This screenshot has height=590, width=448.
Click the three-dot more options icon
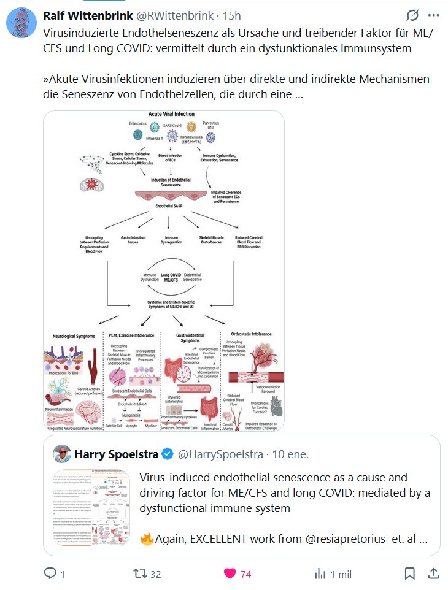433,15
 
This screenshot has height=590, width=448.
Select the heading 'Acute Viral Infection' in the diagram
171,114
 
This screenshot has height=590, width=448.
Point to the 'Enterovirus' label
138,123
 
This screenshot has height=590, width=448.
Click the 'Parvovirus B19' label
212,126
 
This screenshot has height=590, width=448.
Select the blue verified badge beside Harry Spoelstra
167,454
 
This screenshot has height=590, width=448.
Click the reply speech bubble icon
50,573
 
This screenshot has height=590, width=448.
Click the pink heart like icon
230,573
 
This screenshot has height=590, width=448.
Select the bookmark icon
409,573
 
